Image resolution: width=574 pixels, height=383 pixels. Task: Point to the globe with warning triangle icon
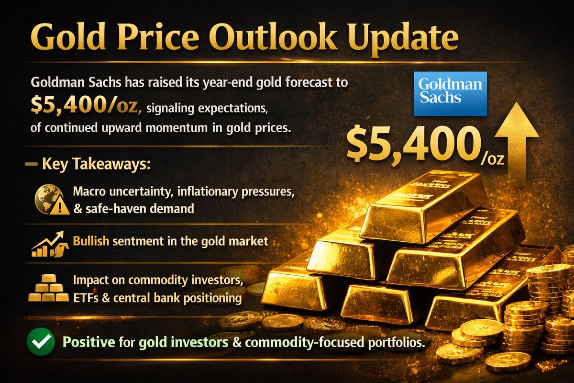pyautogui.click(x=49, y=200)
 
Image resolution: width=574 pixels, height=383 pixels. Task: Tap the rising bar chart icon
pyautogui.click(x=48, y=244)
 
